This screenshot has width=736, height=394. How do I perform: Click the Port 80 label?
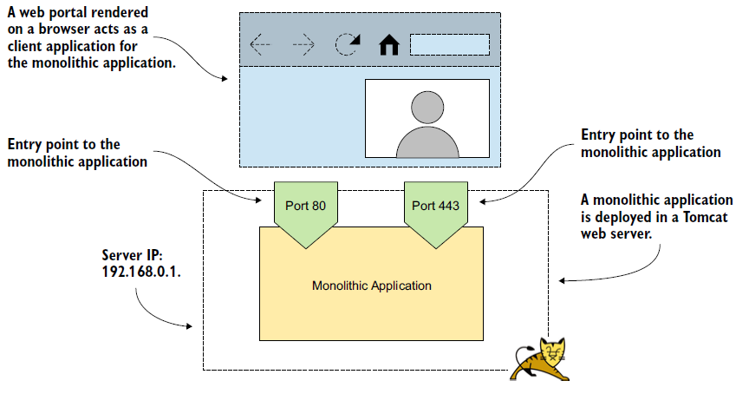tap(304, 206)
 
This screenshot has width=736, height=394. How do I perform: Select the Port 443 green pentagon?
tap(435, 211)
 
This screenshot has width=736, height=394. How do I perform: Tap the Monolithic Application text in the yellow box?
tap(371, 286)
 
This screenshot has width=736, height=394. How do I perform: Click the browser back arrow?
tap(260, 44)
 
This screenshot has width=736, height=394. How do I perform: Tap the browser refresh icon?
tap(348, 44)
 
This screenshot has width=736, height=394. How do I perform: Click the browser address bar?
tap(449, 44)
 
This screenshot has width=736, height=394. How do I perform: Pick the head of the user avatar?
tap(427, 106)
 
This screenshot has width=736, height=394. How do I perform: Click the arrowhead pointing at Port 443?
tap(483, 200)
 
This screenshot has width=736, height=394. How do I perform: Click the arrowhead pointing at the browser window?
tap(227, 79)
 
